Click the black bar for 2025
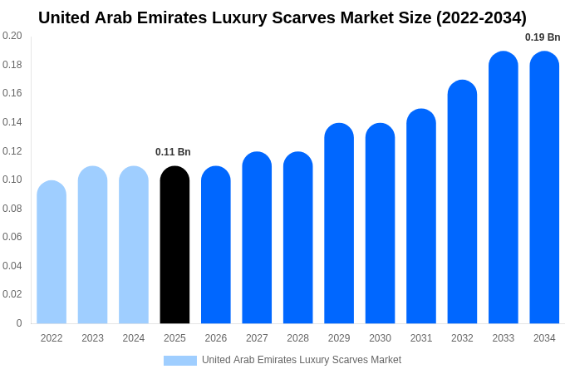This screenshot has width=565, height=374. click(174, 245)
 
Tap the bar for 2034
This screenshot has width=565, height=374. click(544, 188)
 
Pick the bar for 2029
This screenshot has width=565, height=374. click(339, 224)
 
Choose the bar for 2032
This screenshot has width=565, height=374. click(462, 202)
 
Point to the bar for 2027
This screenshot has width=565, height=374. click(257, 238)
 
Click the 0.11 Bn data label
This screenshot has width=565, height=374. click(173, 152)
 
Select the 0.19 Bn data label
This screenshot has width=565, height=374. click(543, 37)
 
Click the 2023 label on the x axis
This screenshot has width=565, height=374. click(92, 338)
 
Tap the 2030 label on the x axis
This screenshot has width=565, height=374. click(380, 338)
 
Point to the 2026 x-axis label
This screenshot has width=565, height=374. click(216, 338)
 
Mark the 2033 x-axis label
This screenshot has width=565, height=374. click(503, 338)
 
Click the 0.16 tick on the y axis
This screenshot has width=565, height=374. click(12, 93)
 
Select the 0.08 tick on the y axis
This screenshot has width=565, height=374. click(12, 209)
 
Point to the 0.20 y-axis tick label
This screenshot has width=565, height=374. click(12, 36)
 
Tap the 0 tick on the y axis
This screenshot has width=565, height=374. click(19, 323)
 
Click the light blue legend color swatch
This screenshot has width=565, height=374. click(180, 361)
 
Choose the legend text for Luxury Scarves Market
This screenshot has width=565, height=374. click(302, 360)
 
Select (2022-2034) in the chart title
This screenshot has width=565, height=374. click(481, 17)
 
